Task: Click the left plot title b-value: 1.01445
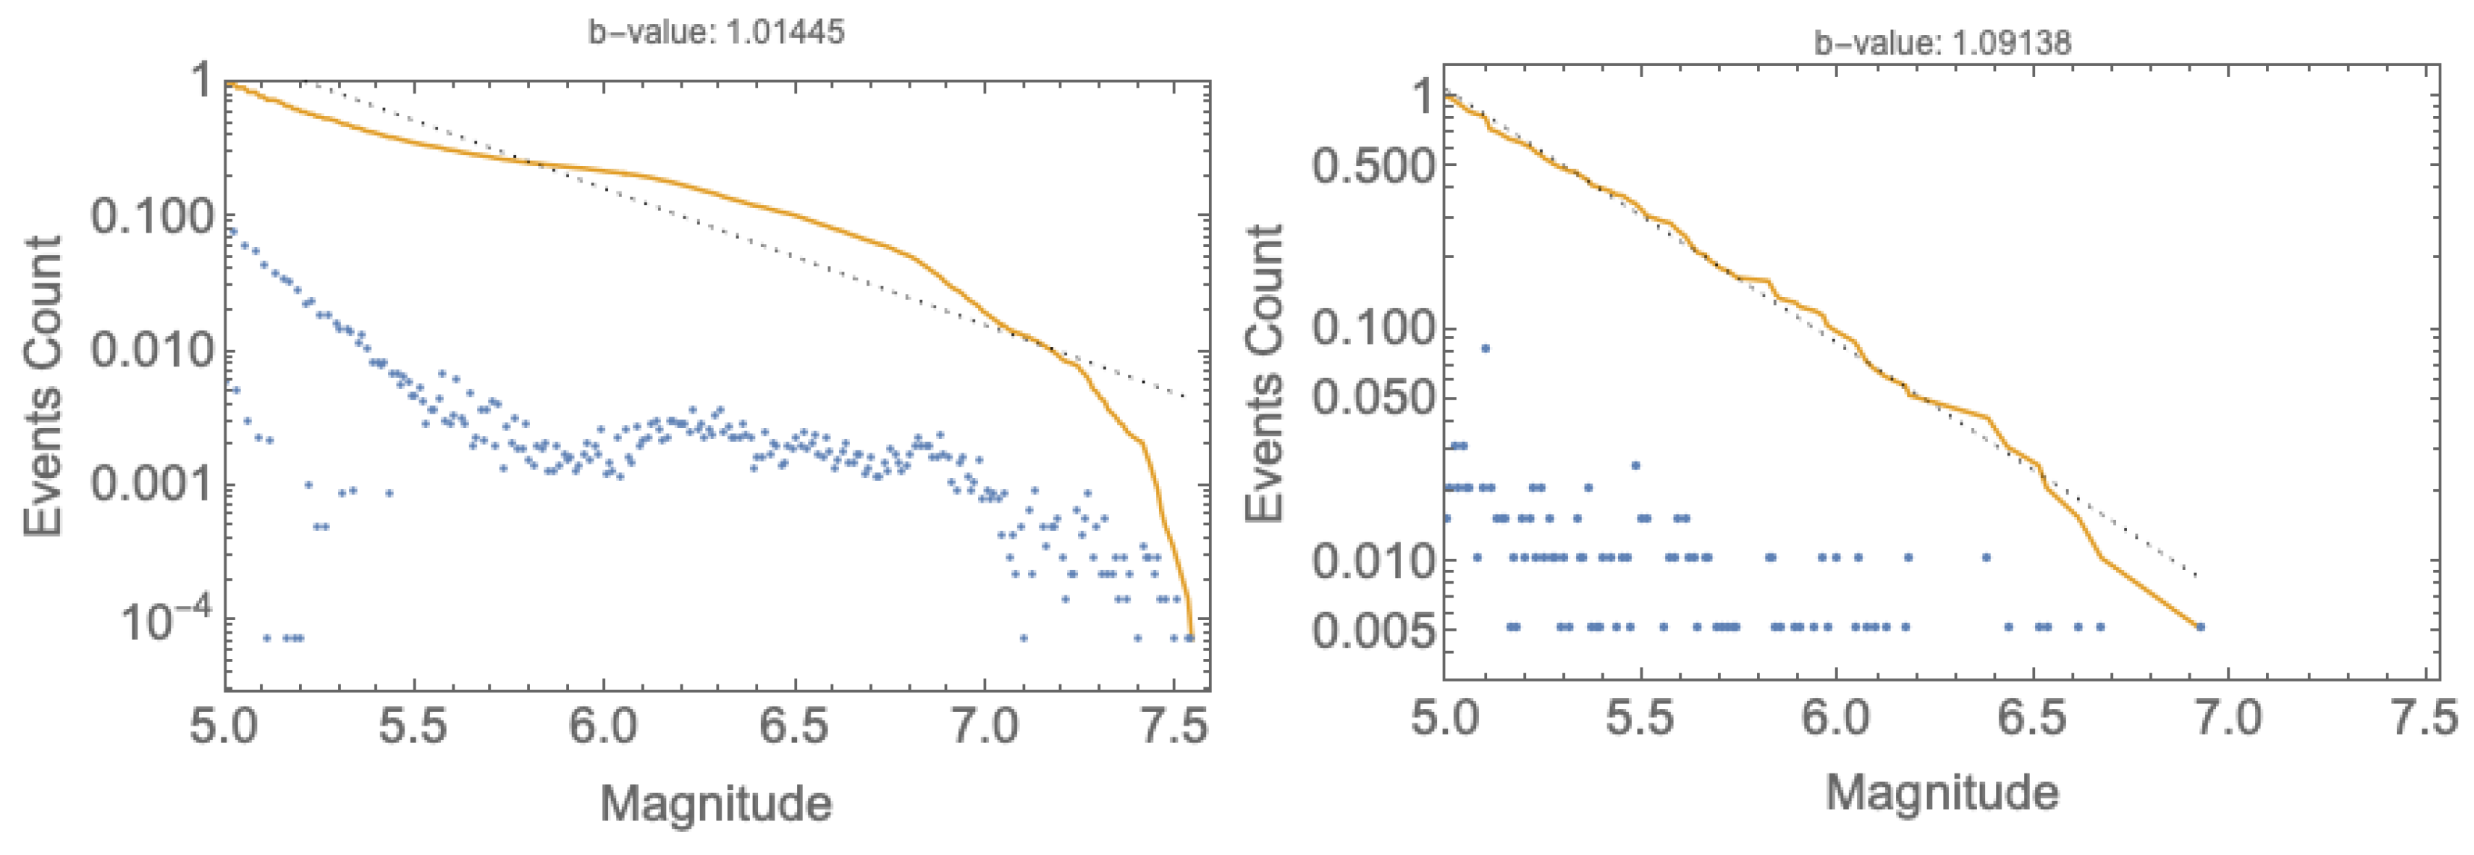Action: pyautogui.click(x=716, y=31)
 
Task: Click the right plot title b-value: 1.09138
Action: pyautogui.click(x=1941, y=43)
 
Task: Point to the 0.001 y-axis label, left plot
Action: pyautogui.click(x=151, y=485)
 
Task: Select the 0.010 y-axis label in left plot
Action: pyautogui.click(x=151, y=351)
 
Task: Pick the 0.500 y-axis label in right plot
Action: pyautogui.click(x=1371, y=165)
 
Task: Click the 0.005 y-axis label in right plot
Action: pyautogui.click(x=1371, y=629)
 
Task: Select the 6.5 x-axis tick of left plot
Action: pyautogui.click(x=793, y=726)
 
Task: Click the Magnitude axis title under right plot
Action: pyautogui.click(x=1941, y=794)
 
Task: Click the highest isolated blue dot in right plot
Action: pyautogui.click(x=1485, y=348)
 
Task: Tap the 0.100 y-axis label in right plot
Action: pyautogui.click(x=1371, y=328)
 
